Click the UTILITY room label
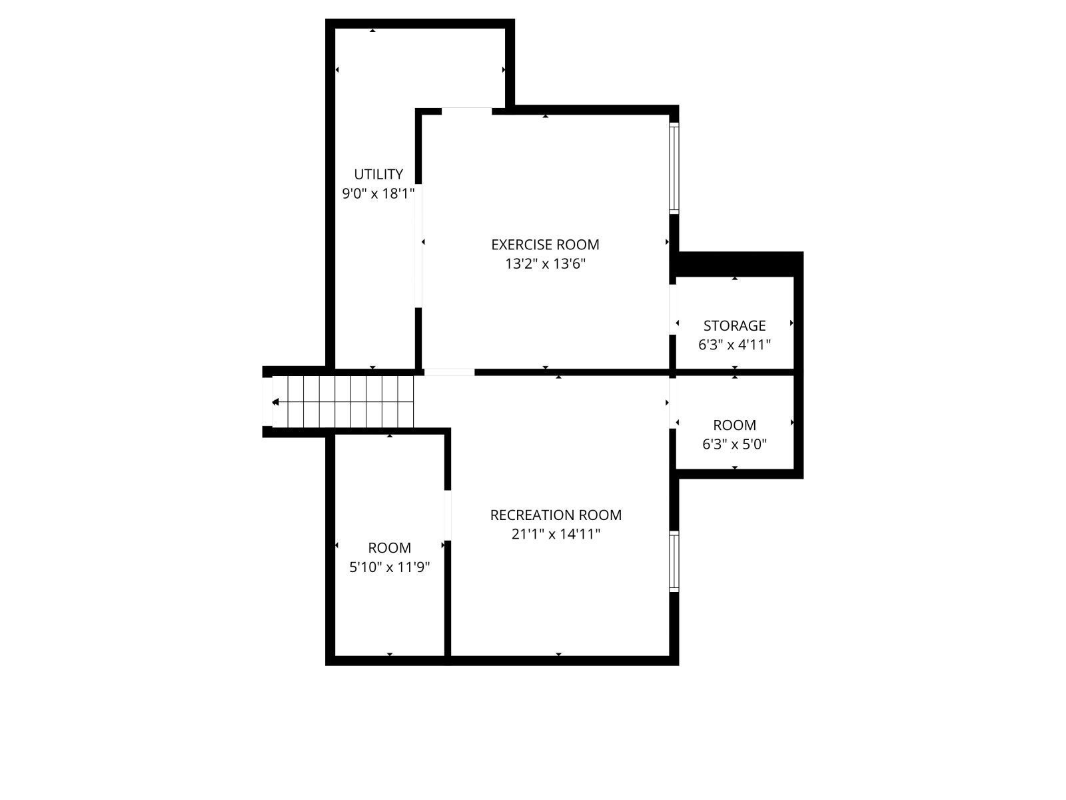click(378, 174)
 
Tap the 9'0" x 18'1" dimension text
click(378, 194)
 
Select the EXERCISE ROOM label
click(545, 244)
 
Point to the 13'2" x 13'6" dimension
click(545, 264)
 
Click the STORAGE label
click(734, 325)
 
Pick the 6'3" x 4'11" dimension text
click(734, 345)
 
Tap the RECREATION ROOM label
click(556, 515)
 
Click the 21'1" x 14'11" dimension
click(556, 534)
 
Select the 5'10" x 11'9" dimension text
click(390, 567)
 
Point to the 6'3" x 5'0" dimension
click(734, 444)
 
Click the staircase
click(343, 402)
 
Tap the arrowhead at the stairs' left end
click(275, 402)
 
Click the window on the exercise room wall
click(674, 168)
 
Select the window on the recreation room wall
click(674, 561)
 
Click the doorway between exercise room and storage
click(673, 309)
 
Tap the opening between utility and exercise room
click(418, 246)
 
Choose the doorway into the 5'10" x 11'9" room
click(448, 515)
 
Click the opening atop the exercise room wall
click(467, 111)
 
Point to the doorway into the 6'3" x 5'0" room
click(673, 403)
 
